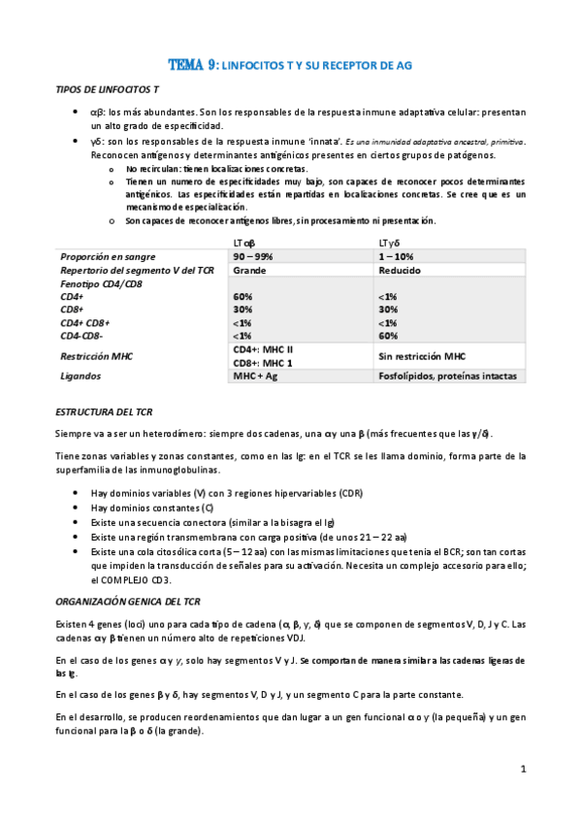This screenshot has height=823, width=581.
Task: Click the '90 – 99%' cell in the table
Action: click(x=254, y=255)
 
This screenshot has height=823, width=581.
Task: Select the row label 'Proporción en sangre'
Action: click(x=108, y=255)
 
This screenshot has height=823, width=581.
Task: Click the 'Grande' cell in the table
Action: click(x=249, y=270)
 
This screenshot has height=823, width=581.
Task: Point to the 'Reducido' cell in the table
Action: click(x=400, y=270)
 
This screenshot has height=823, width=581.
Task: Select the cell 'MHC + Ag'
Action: click(x=256, y=376)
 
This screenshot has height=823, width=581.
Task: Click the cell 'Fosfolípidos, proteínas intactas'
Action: click(x=447, y=376)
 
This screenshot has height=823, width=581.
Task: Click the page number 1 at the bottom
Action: click(x=523, y=770)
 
